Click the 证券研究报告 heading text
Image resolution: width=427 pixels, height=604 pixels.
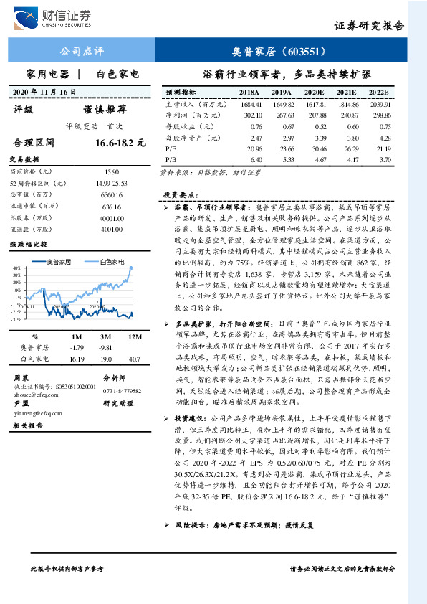pyautogui.click(x=369, y=27)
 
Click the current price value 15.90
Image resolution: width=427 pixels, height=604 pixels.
pyautogui.click(x=111, y=172)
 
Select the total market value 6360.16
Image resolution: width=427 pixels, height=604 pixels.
pyautogui.click(x=111, y=194)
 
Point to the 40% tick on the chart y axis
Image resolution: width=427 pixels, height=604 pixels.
pyautogui.click(x=16, y=269)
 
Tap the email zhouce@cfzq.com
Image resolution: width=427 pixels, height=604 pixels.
pyautogui.click(x=34, y=394)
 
